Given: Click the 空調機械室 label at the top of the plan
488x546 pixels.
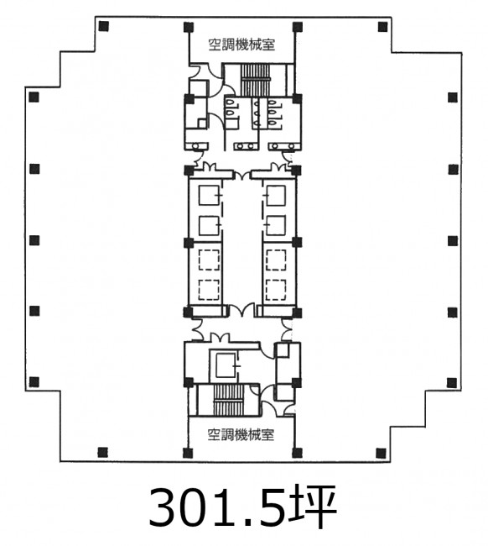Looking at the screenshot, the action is point(241,45).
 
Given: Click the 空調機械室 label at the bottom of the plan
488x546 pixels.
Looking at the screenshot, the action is point(241,435).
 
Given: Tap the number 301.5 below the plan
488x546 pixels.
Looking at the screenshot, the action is point(218,507).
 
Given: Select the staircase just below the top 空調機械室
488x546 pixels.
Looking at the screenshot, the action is point(256,80).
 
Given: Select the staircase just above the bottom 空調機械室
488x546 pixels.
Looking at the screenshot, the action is point(228,400).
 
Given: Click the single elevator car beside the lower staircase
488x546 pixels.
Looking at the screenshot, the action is point(226,365).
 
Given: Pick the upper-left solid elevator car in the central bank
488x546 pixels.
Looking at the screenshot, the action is point(209,195).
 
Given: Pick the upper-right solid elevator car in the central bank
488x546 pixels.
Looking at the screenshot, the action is point(276,195).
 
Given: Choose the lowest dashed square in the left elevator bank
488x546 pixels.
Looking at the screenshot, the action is point(209,290).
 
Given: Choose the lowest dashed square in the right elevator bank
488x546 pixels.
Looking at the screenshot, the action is point(276,290).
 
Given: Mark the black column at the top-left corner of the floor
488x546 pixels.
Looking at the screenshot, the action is point(104,26).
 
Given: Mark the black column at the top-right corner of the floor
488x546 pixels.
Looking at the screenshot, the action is point(382,27).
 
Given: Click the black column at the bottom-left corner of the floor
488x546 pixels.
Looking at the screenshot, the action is point(102,452).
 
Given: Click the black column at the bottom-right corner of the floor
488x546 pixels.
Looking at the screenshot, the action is point(381,453).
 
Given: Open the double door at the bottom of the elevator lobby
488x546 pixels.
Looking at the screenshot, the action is point(241,310).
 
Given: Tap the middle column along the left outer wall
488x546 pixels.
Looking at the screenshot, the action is point(34,240).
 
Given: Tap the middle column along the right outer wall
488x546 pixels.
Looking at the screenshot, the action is point(453,240).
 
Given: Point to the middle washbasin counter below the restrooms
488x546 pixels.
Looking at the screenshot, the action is point(247,146).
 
